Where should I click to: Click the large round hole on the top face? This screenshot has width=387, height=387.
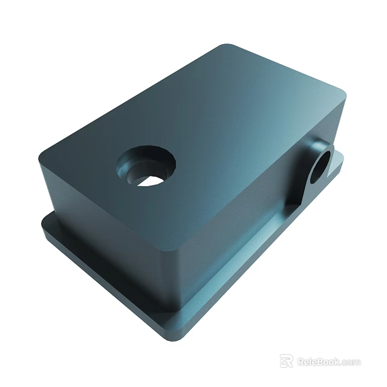(146, 165)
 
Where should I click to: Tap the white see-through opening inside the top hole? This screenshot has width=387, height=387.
(151, 180)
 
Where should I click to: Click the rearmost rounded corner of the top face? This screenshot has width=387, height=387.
(227, 48)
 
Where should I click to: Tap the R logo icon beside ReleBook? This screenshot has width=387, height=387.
(286, 361)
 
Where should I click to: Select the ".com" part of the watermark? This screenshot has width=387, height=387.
(351, 362)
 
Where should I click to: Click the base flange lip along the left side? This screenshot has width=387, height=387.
(97, 272)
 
